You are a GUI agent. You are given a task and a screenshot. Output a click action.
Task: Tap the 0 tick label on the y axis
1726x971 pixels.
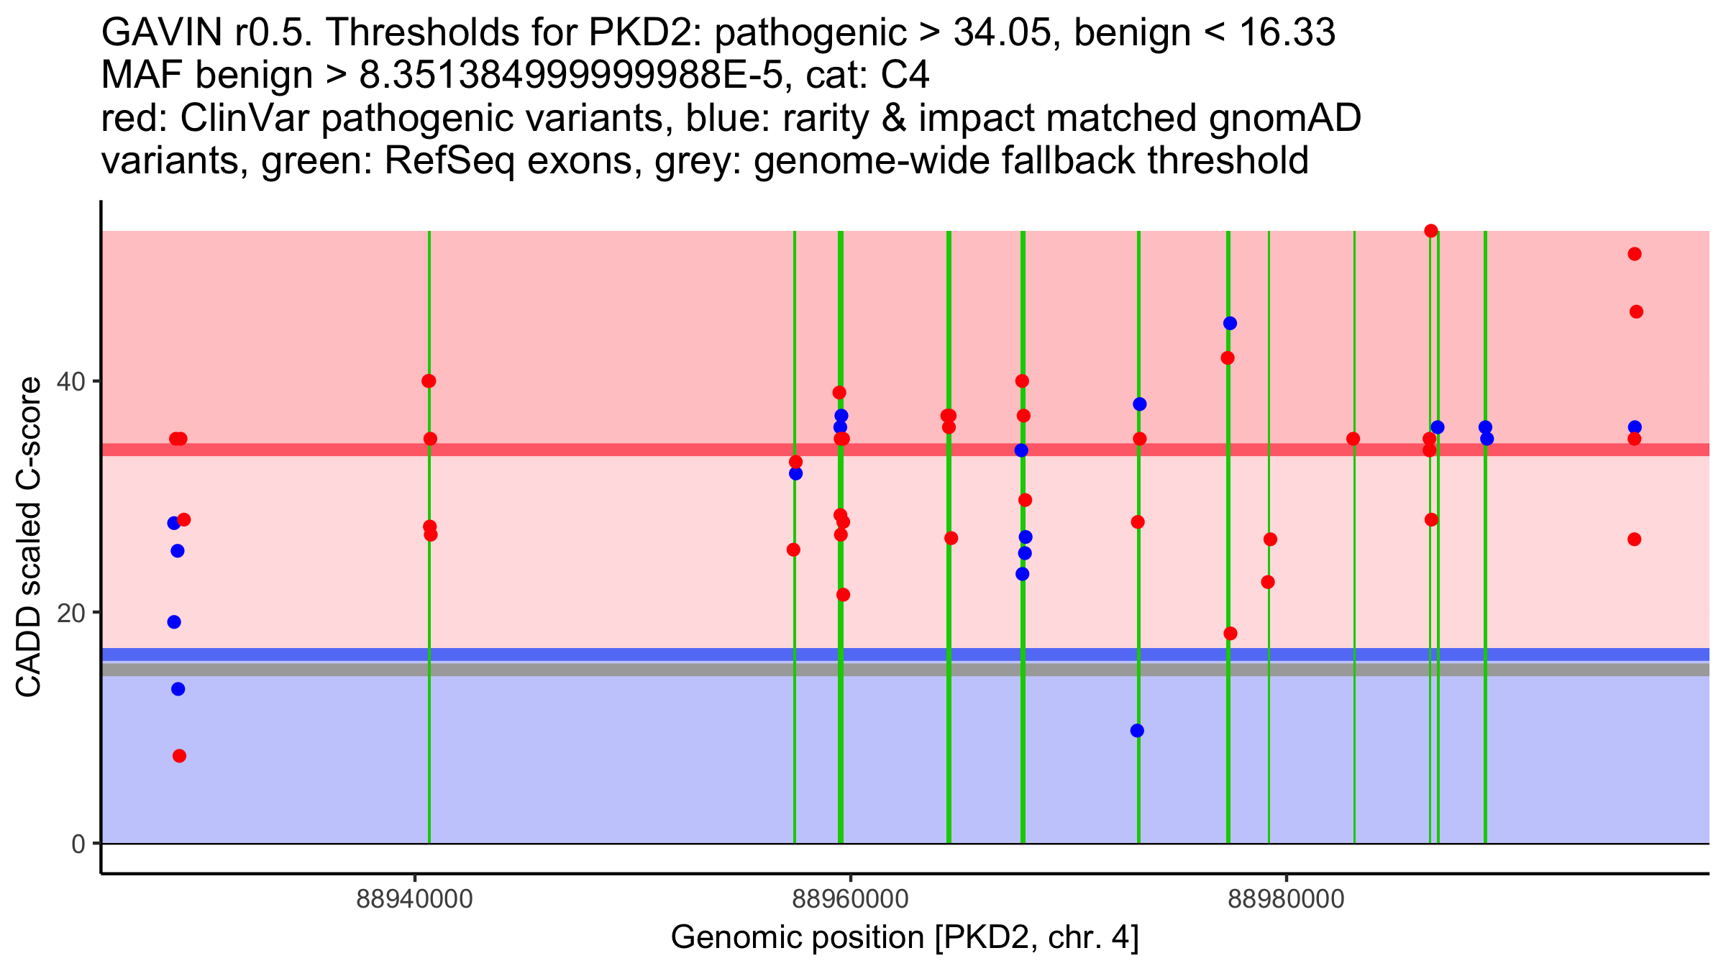pyautogui.click(x=78, y=844)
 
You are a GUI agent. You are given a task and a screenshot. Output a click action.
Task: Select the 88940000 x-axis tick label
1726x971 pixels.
pyautogui.click(x=414, y=898)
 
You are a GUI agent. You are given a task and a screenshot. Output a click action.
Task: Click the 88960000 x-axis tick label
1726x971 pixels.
pyautogui.click(x=850, y=898)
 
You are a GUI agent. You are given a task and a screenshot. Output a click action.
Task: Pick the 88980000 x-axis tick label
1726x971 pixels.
pyautogui.click(x=1286, y=898)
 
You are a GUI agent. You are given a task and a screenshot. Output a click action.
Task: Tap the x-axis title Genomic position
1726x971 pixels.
pyautogui.click(x=904, y=938)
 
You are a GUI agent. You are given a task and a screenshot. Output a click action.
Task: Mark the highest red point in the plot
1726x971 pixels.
pyautogui.click(x=1431, y=231)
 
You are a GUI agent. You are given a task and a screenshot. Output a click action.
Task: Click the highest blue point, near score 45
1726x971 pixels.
pyautogui.click(x=1230, y=324)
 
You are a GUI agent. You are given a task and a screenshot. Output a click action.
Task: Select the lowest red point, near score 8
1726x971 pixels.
pyautogui.click(x=179, y=756)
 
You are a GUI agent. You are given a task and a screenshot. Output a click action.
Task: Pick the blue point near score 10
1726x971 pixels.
pyautogui.click(x=1137, y=731)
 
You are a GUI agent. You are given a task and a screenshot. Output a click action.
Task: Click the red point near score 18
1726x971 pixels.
pyautogui.click(x=1230, y=634)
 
